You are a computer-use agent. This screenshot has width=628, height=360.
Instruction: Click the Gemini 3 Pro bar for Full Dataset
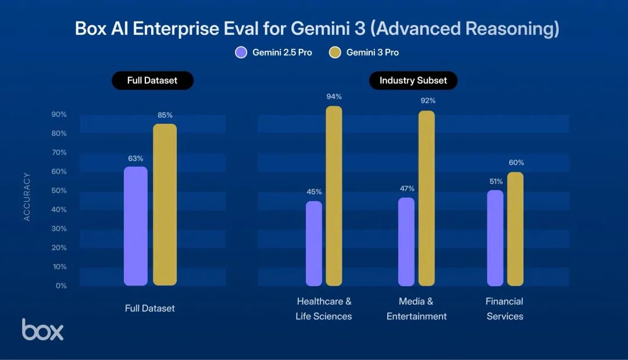click(x=165, y=205)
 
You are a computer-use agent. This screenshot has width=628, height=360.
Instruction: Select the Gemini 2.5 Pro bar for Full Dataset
click(x=135, y=226)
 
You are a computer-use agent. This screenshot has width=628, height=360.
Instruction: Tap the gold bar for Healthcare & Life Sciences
click(x=334, y=196)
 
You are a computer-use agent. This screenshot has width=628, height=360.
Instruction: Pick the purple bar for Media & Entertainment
click(x=406, y=242)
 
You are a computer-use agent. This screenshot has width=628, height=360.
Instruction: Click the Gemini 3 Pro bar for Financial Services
click(x=515, y=229)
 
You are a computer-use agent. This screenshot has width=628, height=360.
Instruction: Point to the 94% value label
click(x=334, y=97)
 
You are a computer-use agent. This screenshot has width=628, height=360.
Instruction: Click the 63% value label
click(x=135, y=158)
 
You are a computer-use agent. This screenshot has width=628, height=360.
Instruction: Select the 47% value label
click(x=406, y=188)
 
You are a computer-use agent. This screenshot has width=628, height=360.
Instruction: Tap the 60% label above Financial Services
click(x=516, y=163)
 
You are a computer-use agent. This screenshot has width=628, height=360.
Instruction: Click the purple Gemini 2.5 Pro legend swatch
click(x=241, y=52)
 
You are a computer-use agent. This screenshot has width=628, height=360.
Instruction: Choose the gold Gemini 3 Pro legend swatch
click(x=335, y=52)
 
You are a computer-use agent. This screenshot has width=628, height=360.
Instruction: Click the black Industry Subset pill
click(x=413, y=80)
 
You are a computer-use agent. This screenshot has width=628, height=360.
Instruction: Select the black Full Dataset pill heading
click(x=152, y=80)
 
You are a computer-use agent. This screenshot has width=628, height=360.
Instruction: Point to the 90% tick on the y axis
click(x=59, y=115)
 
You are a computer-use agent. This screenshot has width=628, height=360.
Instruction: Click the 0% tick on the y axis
click(x=61, y=286)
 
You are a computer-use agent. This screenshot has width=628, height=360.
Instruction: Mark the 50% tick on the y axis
click(x=59, y=191)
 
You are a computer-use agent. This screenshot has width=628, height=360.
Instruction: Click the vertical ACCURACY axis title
click(x=27, y=197)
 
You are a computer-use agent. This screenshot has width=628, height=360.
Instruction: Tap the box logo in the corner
click(x=42, y=329)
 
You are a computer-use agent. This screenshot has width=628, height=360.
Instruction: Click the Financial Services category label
click(x=504, y=309)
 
